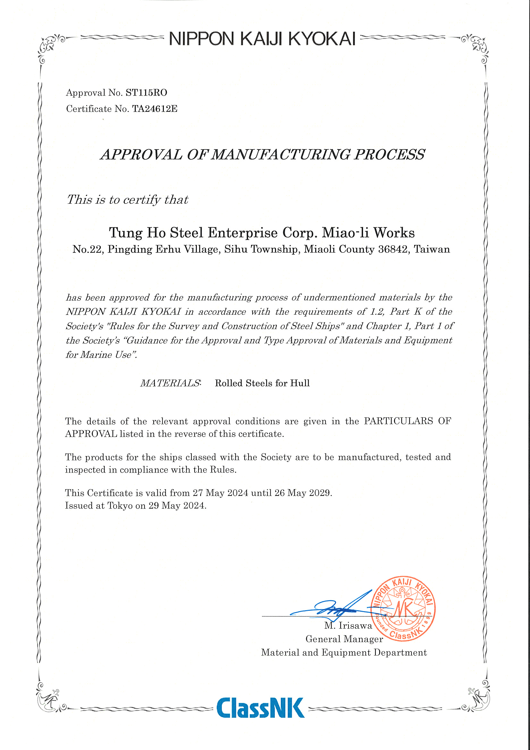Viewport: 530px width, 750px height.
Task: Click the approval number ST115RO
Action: pyautogui.click(x=146, y=93)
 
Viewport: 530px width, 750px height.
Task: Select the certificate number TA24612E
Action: pyautogui.click(x=155, y=109)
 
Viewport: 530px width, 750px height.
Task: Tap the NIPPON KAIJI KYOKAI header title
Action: pyautogui.click(x=262, y=39)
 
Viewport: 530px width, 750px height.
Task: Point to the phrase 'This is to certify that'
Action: pyautogui.click(x=127, y=200)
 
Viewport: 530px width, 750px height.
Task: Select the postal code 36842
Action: pyautogui.click(x=393, y=249)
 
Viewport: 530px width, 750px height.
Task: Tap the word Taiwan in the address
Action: pyautogui.click(x=432, y=249)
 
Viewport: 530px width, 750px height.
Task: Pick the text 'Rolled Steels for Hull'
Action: pyautogui.click(x=262, y=383)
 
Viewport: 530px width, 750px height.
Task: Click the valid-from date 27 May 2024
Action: pyautogui.click(x=220, y=493)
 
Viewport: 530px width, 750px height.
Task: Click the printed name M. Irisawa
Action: pyautogui.click(x=348, y=626)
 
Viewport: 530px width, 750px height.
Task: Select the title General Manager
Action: pyautogui.click(x=344, y=639)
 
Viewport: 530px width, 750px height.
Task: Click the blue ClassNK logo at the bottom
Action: pyautogui.click(x=260, y=708)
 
